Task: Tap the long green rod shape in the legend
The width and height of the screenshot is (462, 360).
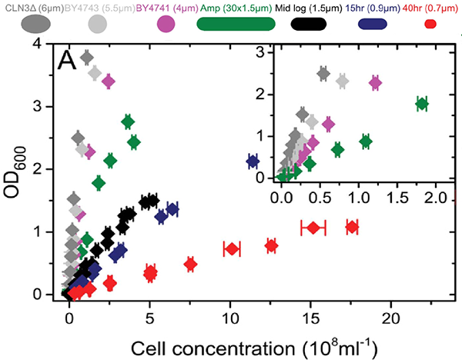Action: [236, 23]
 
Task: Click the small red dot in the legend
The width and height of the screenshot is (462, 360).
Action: [431, 24]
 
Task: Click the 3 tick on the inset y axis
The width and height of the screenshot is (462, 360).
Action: [266, 53]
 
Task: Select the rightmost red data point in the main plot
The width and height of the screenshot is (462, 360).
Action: [352, 227]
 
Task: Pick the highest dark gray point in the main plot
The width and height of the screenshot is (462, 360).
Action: [86, 58]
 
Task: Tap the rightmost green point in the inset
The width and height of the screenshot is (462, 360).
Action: [421, 104]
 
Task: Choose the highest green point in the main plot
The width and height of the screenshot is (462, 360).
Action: [128, 122]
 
